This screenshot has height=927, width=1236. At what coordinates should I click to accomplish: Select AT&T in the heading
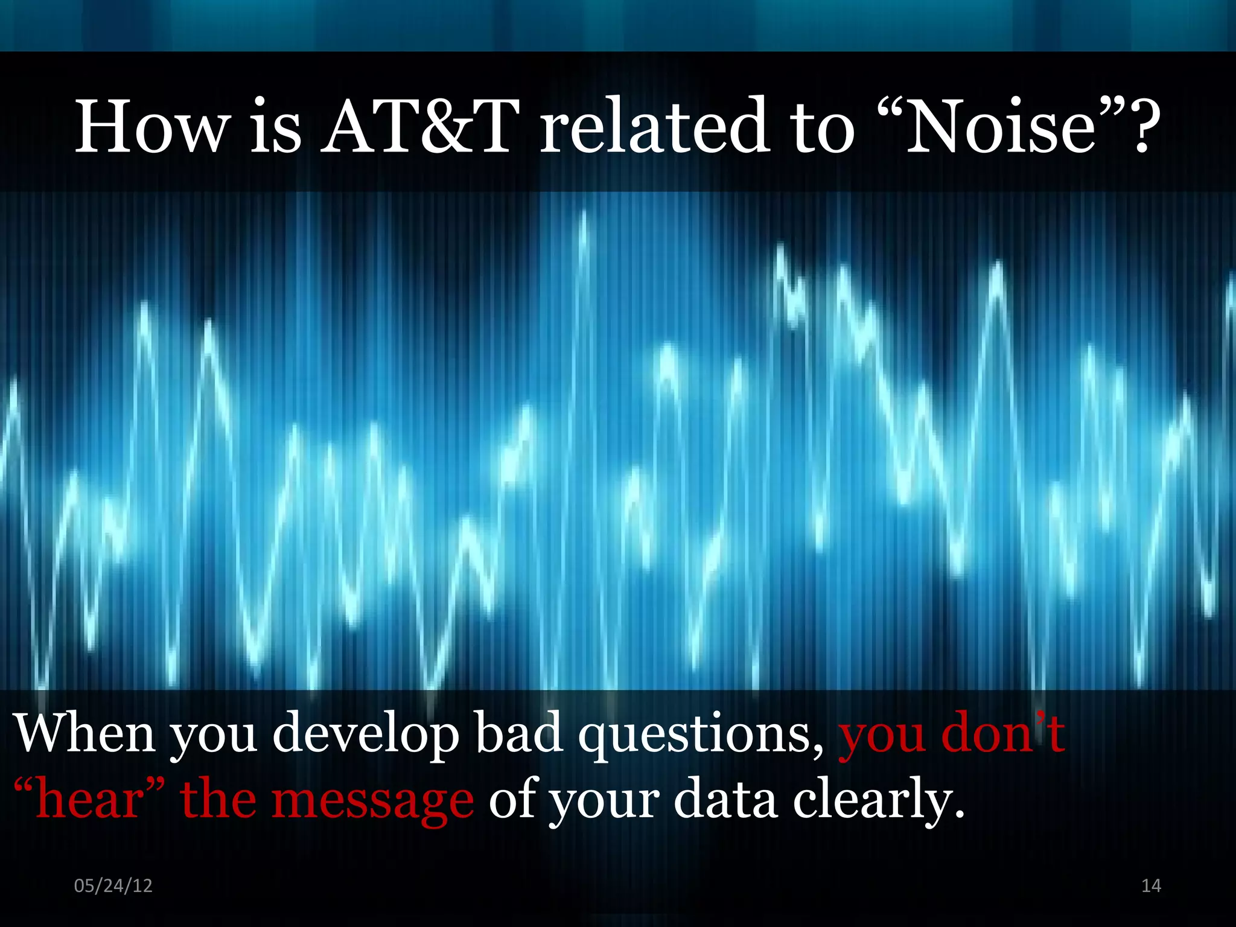[x=420, y=127]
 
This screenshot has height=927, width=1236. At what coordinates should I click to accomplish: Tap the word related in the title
[x=654, y=127]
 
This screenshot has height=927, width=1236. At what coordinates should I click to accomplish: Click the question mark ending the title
[x=1140, y=127]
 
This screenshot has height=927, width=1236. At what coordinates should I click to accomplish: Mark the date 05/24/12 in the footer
[x=113, y=885]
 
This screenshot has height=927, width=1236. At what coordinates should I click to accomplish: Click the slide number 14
[x=1151, y=885]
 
